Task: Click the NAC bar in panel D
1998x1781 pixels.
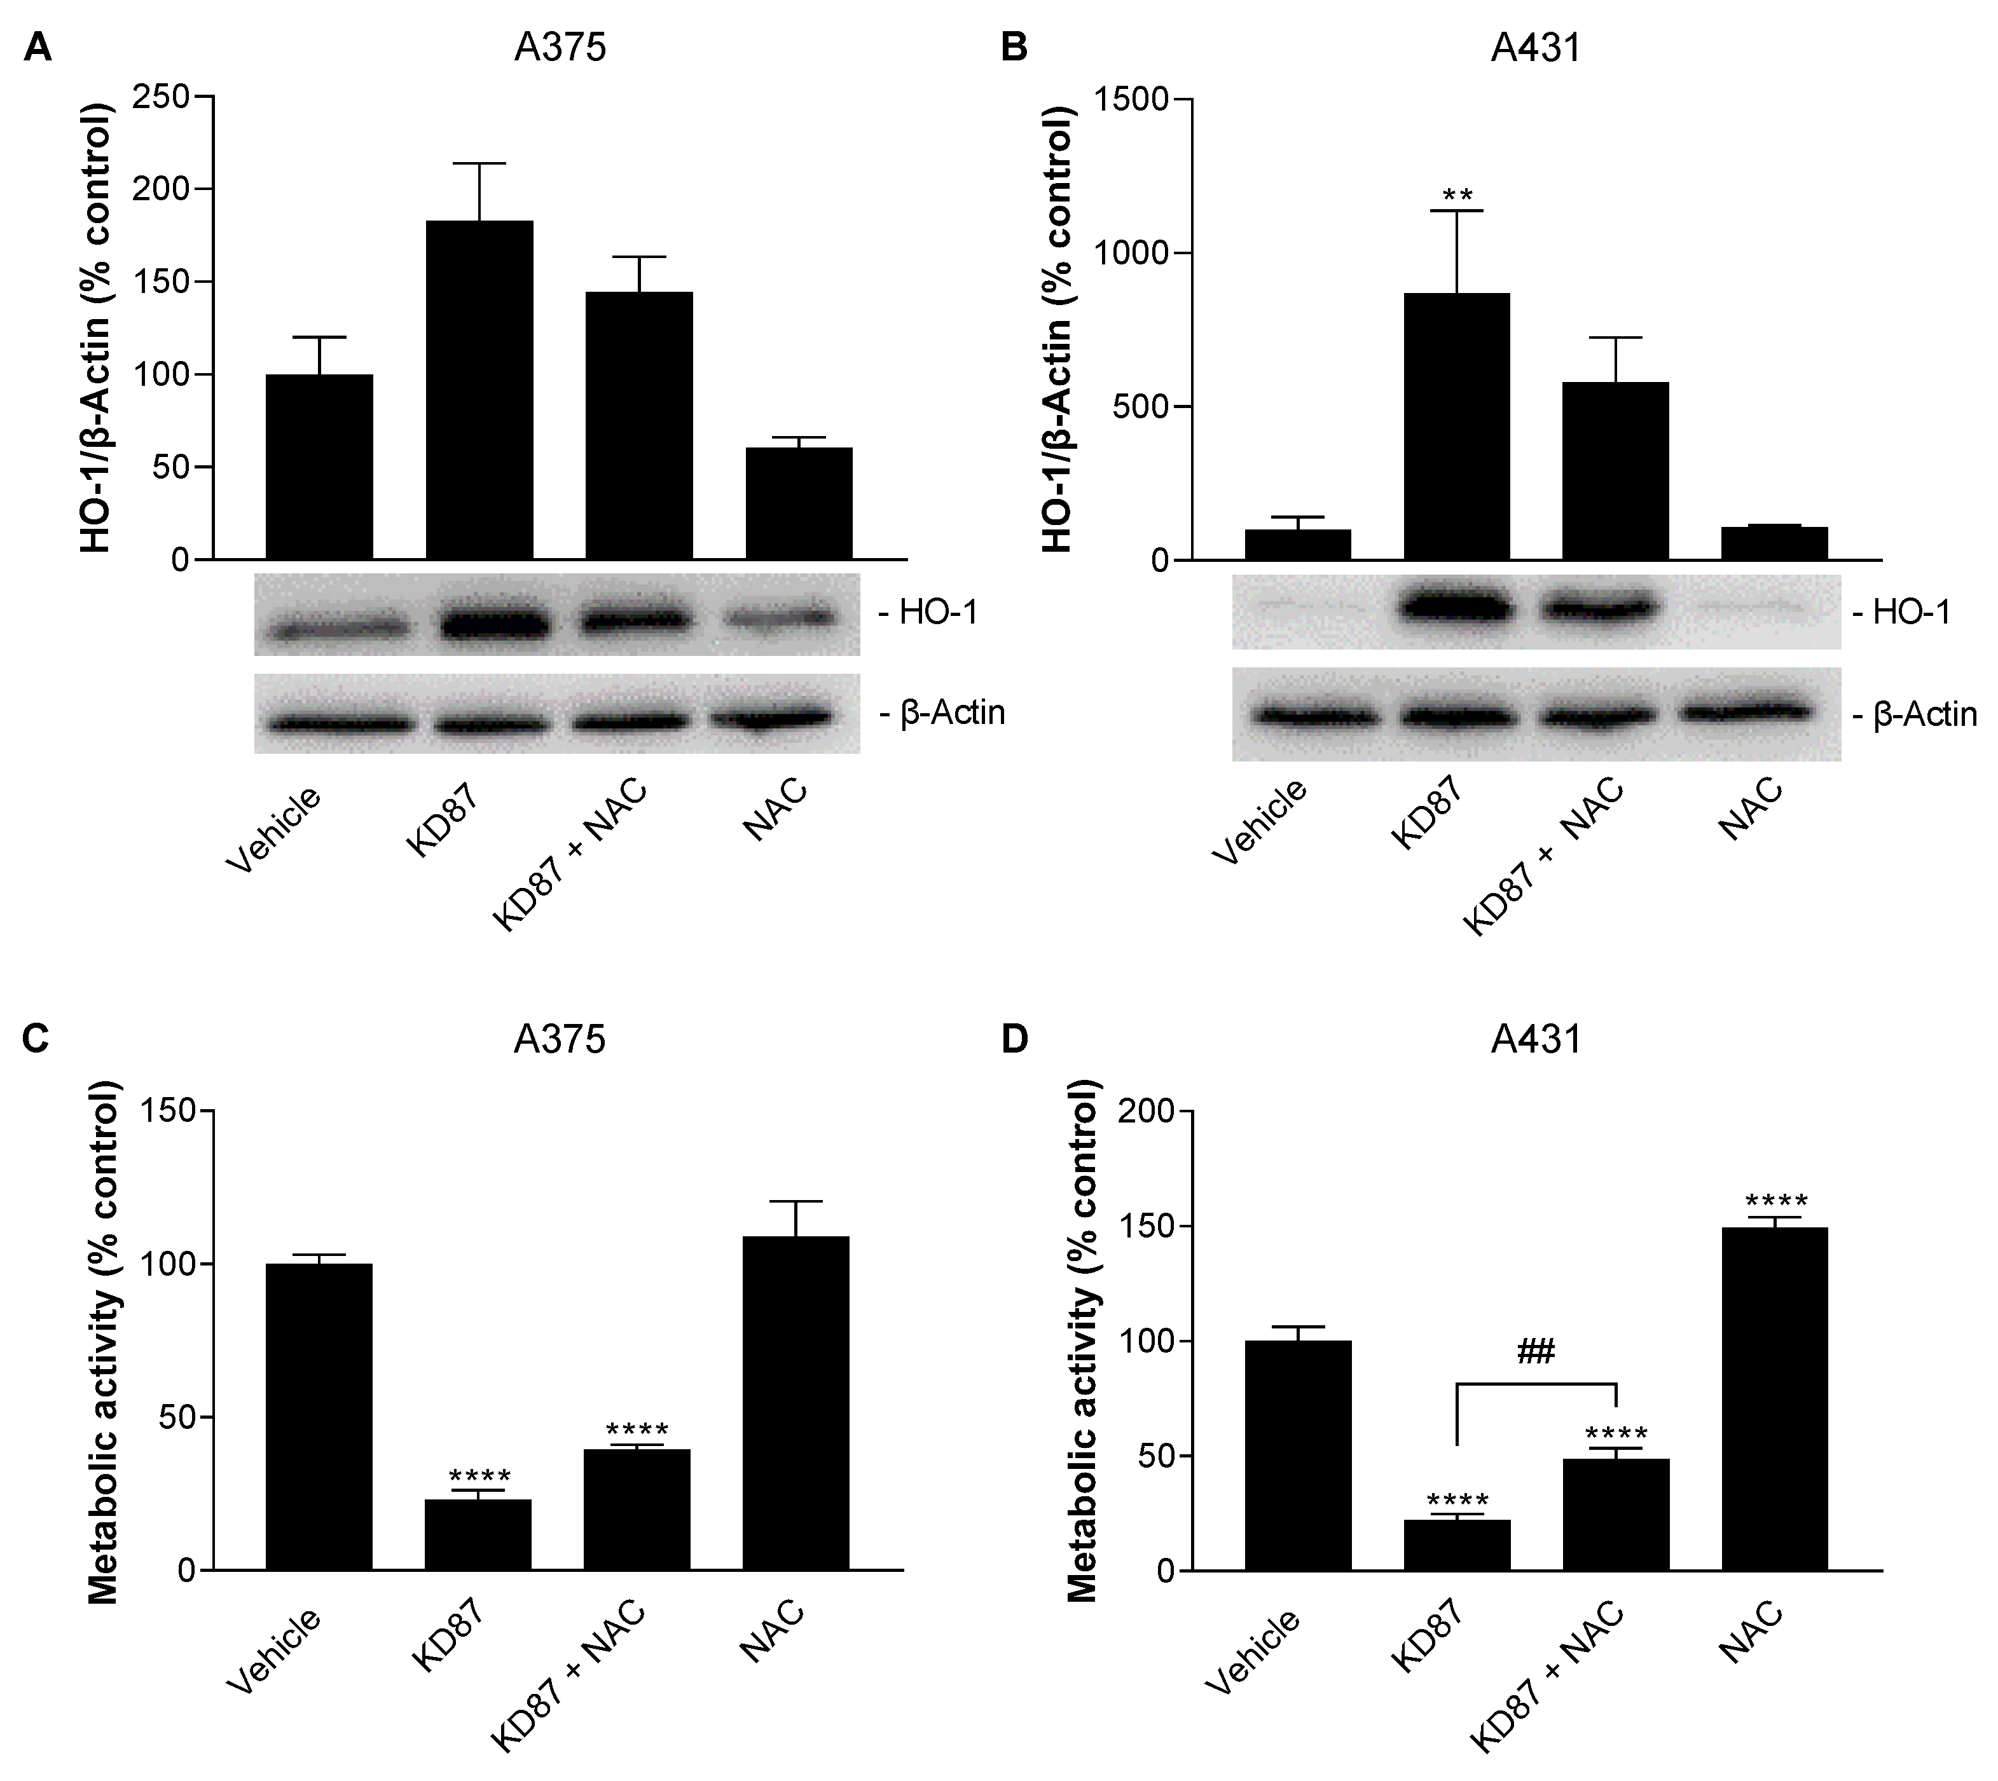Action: coord(1774,1400)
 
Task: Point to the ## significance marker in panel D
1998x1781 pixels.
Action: coord(1535,1353)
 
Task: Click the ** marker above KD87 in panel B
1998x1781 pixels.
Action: coord(1457,196)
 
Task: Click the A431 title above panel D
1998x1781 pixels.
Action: coord(1535,1038)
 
